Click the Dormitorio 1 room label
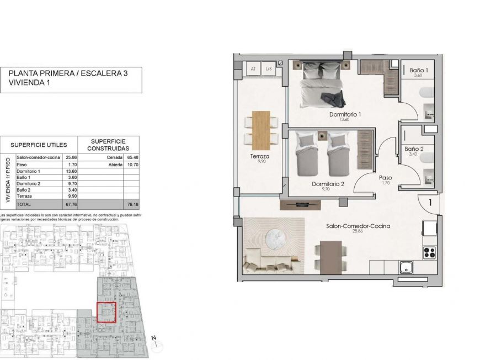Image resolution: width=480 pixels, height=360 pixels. point(345,115)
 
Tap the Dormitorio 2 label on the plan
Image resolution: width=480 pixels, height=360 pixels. point(328,184)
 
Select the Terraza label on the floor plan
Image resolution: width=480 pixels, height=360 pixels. point(259,157)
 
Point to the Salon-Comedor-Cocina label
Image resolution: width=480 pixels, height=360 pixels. point(358,226)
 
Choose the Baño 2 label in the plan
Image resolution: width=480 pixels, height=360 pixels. point(414,149)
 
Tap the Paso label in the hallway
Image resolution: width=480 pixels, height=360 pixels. point(386,178)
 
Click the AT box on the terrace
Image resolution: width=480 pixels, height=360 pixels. point(253,69)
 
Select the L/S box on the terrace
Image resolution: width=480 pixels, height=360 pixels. point(269,69)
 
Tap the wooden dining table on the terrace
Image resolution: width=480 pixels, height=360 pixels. point(261,129)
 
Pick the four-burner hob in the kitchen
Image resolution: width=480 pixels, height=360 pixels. point(430,253)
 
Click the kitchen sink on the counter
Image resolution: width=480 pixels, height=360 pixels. point(408,267)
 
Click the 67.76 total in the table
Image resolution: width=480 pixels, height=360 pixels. point(70,203)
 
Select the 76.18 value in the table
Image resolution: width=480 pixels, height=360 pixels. point(132,203)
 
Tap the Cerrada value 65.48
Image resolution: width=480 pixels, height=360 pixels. point(132,157)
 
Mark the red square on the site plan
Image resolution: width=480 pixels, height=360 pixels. point(106,312)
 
